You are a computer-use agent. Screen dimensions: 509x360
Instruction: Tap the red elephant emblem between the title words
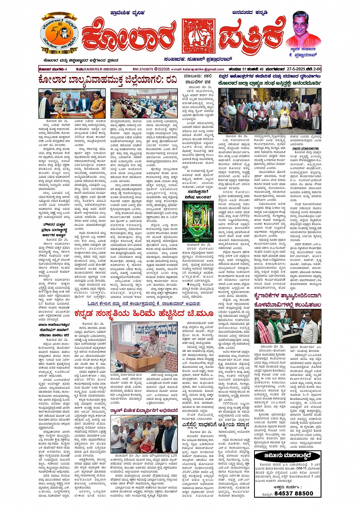coord(198,36)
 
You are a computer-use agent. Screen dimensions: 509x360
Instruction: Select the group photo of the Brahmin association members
coord(270,110)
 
